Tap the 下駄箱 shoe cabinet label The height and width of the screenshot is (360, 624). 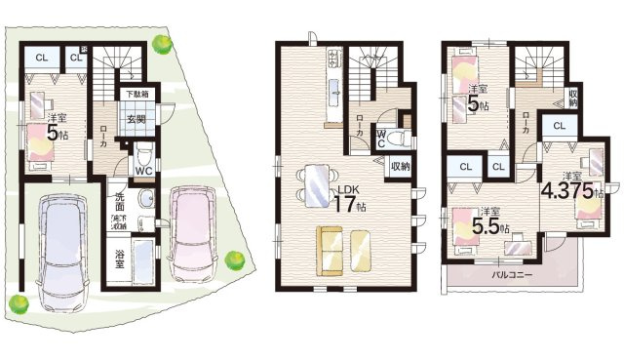(136, 95)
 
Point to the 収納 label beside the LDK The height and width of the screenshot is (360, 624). (401, 166)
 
